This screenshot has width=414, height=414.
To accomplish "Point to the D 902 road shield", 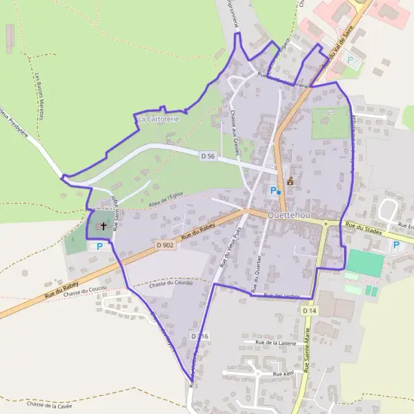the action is tap(164, 244).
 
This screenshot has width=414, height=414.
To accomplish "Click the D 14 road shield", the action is tap(309, 310).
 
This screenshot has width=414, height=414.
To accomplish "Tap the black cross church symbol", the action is tap(104, 225).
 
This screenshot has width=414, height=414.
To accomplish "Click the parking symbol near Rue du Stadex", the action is tap(396, 244).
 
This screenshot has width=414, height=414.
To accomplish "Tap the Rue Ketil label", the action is tap(283, 373).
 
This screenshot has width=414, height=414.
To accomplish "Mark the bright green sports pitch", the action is tap(365, 263).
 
